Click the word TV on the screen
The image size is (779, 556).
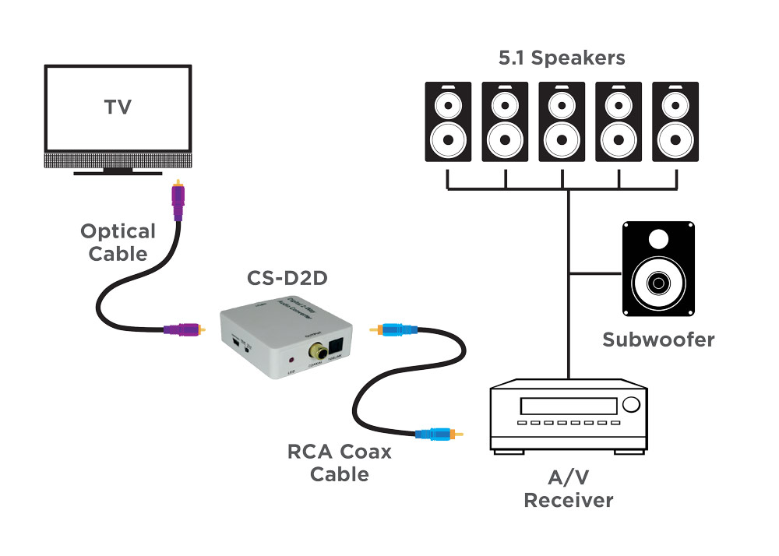[x=118, y=107]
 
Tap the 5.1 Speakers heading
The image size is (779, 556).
[x=562, y=58]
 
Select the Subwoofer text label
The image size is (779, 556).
[x=658, y=340]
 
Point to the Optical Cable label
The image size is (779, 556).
[x=118, y=242]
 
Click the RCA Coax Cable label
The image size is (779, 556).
[x=340, y=463]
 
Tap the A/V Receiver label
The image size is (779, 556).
[x=568, y=489]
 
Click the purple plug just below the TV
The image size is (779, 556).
[x=178, y=203]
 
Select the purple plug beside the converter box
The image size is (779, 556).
[x=184, y=330]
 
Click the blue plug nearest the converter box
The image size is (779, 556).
[x=398, y=330]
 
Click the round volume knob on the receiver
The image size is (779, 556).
[x=630, y=405]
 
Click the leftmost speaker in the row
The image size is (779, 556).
[x=448, y=121]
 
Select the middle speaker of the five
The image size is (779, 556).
[x=562, y=121]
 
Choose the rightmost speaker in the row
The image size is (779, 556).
[x=675, y=121]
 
